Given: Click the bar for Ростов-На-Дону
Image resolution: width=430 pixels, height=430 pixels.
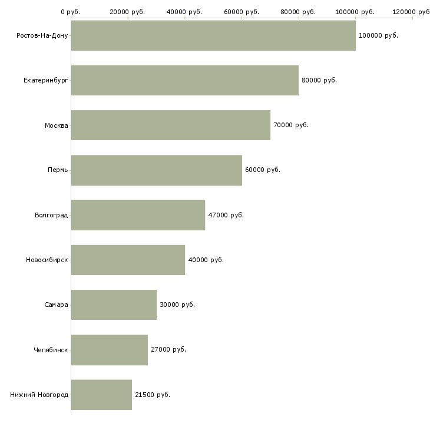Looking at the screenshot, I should [213, 35].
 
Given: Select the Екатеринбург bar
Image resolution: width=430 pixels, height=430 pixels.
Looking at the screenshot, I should [184, 80].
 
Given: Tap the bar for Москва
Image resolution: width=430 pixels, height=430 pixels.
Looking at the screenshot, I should [170, 125].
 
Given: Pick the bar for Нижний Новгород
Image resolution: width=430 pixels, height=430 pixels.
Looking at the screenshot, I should [101, 395].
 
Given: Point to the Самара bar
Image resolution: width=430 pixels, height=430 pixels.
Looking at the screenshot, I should [114, 305].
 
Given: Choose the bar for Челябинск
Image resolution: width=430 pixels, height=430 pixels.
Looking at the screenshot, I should [109, 350].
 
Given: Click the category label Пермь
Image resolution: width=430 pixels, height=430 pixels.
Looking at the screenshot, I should [58, 170].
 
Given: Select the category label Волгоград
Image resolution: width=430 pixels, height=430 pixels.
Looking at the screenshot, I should [51, 215].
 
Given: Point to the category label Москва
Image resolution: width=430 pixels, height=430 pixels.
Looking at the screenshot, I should [57, 125].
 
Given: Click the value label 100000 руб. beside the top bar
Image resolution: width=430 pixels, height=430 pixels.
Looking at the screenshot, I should [378, 35].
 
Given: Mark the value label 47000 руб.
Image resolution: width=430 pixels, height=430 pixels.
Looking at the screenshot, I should [226, 215].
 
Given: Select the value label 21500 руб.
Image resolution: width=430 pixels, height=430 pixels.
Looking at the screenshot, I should [153, 395].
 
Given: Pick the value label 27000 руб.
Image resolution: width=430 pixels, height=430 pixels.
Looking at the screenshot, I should [168, 350].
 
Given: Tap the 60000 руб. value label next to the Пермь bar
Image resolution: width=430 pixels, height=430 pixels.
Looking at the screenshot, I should [263, 170].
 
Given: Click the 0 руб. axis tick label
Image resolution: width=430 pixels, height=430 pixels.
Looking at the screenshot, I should [71, 12].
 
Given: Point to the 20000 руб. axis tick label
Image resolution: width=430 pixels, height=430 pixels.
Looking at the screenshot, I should [127, 12].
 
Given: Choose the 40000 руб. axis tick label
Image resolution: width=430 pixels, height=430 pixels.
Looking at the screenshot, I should [184, 12].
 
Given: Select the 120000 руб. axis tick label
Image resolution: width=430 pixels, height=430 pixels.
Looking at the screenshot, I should [411, 12].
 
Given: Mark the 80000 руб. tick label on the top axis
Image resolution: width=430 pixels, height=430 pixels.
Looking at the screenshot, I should [298, 12].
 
